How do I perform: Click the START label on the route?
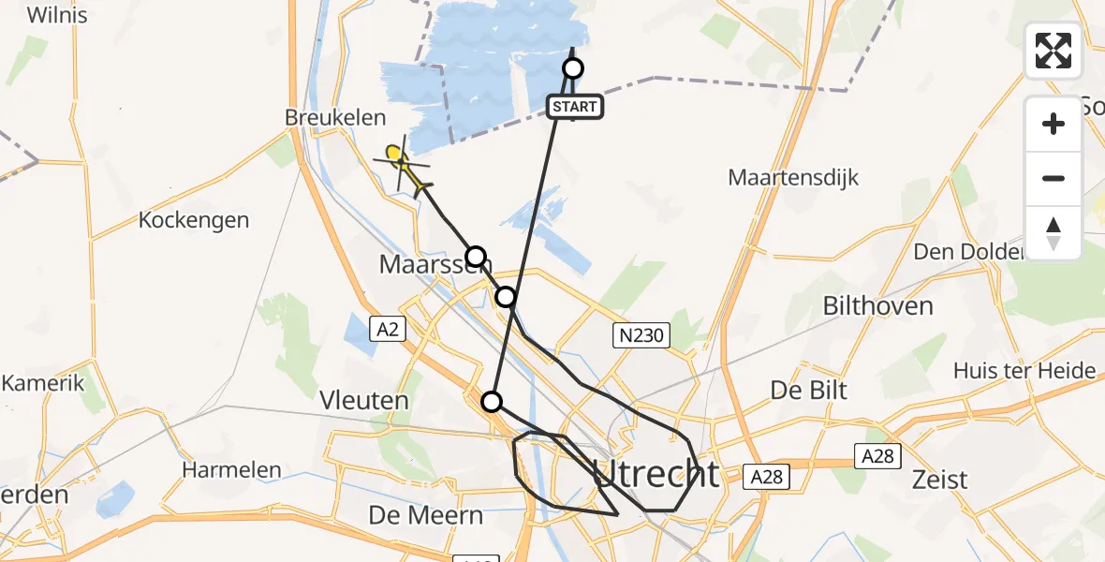[574, 107]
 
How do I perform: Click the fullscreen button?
[1053, 51]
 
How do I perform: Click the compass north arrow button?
[1053, 233]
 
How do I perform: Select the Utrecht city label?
[656, 474]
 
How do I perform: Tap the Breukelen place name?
[336, 118]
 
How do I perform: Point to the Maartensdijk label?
[793, 177]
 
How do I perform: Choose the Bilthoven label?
[877, 305]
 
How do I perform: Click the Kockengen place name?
[194, 220]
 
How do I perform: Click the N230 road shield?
[641, 335]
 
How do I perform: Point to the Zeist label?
[940, 480]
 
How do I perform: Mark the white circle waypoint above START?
[572, 68]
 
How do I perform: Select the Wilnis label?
[58, 15]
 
